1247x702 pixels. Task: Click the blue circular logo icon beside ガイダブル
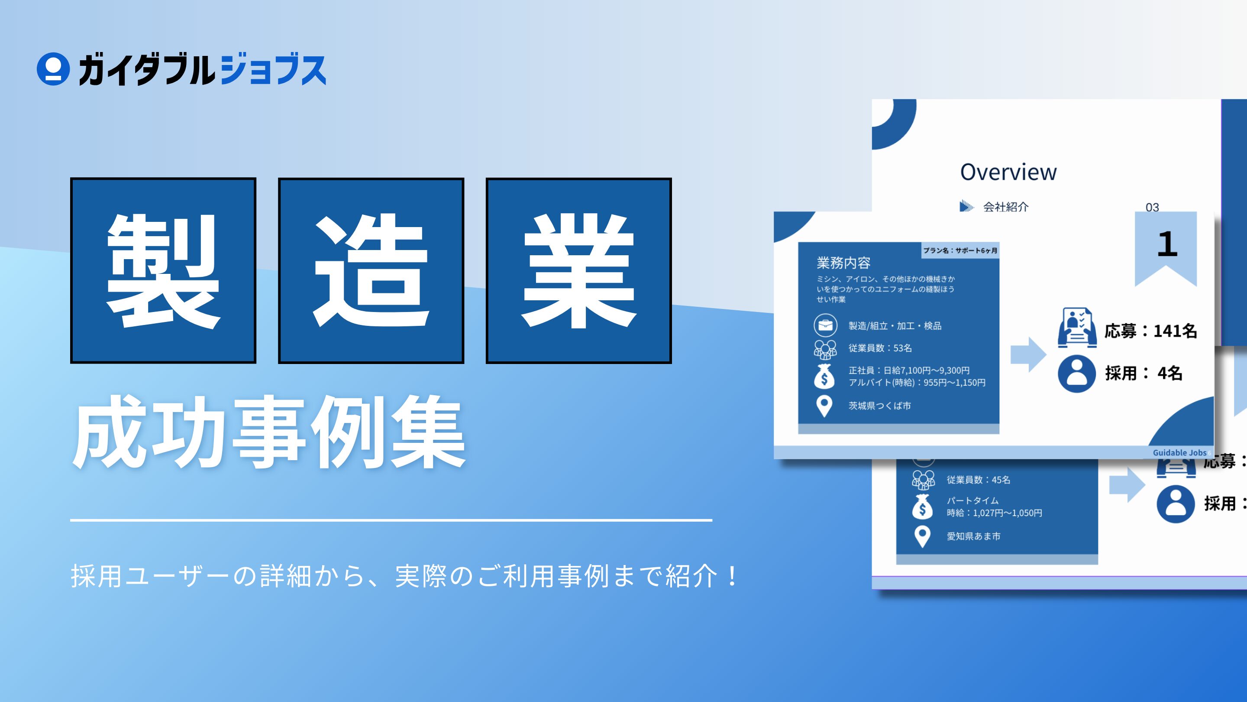point(53,69)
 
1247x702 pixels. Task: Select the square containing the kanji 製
point(163,270)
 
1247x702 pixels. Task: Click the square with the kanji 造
point(371,270)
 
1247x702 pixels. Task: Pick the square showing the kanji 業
point(578,270)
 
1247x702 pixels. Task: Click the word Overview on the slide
point(1008,172)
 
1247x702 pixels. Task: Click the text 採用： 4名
point(1144,373)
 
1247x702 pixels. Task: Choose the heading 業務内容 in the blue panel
point(843,263)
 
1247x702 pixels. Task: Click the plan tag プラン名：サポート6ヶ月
point(960,250)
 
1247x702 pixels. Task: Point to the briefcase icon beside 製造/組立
point(825,325)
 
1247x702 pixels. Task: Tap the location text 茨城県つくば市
point(879,406)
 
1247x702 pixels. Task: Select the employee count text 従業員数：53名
point(880,348)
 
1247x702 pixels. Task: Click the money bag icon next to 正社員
point(824,377)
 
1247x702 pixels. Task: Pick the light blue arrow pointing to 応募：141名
point(1028,354)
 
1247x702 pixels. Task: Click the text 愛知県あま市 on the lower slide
point(973,536)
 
